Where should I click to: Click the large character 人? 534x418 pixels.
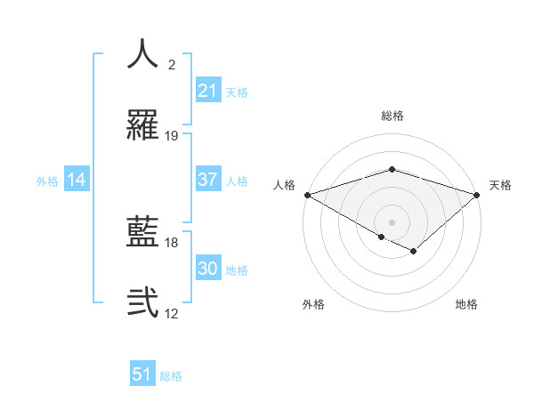tap(143, 53)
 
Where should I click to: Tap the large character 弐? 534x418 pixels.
tap(143, 303)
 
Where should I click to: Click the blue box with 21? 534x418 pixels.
tap(207, 91)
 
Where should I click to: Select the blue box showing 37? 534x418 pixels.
tap(207, 180)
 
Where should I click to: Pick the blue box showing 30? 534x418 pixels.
tap(207, 269)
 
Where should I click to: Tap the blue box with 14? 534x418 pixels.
tap(77, 180)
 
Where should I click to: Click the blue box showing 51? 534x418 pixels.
tap(142, 374)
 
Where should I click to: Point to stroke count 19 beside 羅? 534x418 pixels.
tap(172, 136)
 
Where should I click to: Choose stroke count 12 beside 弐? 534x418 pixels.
tap(172, 314)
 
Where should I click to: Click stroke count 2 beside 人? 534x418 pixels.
tap(172, 65)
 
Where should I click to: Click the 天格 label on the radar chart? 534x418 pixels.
tap(500, 185)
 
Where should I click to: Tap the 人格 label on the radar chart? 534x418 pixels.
tap(284, 185)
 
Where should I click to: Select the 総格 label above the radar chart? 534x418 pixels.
tap(392, 116)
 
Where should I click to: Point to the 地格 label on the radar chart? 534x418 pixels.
tap(466, 304)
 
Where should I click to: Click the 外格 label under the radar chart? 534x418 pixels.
tap(313, 304)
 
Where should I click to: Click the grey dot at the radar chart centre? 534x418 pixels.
tap(392, 221)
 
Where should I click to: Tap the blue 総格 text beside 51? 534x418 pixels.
tap(171, 376)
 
